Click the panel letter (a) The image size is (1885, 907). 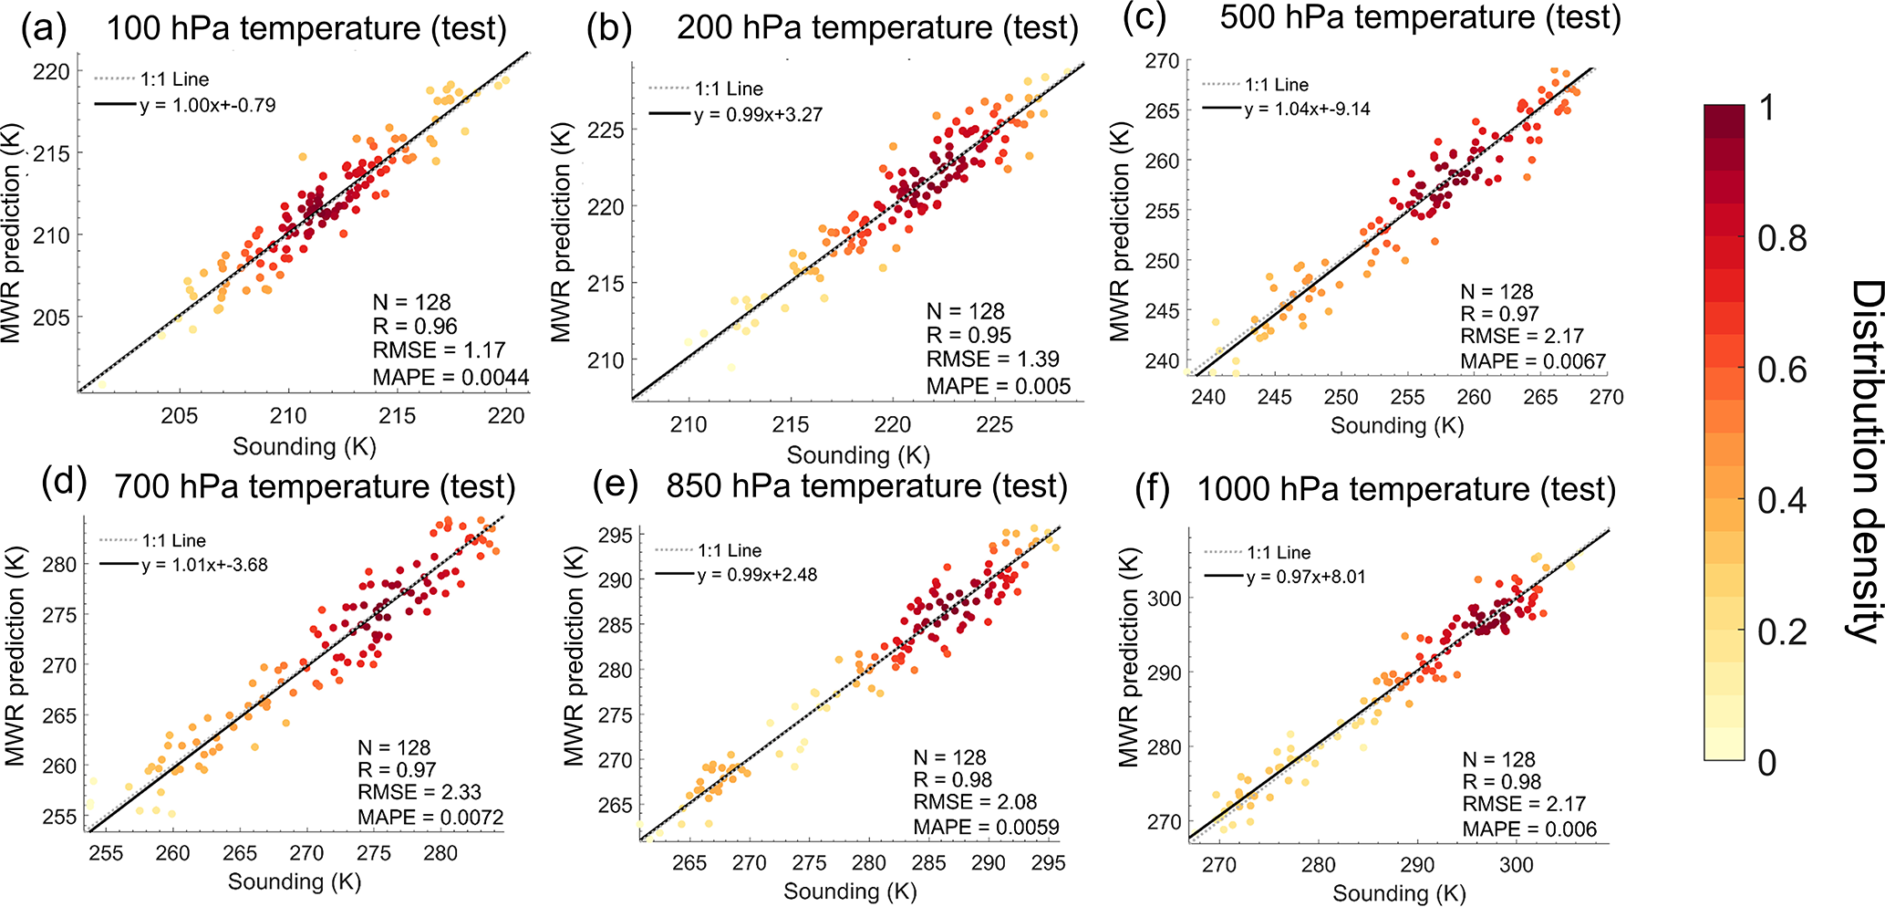tap(45, 29)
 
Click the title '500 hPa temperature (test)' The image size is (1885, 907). tap(1420, 17)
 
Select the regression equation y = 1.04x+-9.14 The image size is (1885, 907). tap(1307, 109)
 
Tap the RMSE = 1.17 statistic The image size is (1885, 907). tap(439, 350)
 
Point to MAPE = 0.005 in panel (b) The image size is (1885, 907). tap(999, 386)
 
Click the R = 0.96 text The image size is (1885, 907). tap(415, 327)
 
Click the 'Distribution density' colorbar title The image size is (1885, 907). tap(1865, 461)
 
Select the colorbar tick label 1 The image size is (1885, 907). tap(1767, 108)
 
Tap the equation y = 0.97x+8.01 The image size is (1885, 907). tap(1305, 577)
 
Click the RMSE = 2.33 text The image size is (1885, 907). tap(419, 792)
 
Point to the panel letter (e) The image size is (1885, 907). tap(615, 485)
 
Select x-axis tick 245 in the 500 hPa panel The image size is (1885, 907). tap(1274, 397)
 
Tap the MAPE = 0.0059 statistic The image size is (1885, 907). tap(987, 828)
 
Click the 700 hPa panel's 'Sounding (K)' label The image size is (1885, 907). tap(295, 881)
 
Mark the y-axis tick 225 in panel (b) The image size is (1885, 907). tap(606, 130)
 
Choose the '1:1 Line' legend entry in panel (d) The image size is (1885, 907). tap(173, 540)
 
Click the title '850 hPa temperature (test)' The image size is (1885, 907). tap(866, 485)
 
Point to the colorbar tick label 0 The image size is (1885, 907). tap(1767, 763)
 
